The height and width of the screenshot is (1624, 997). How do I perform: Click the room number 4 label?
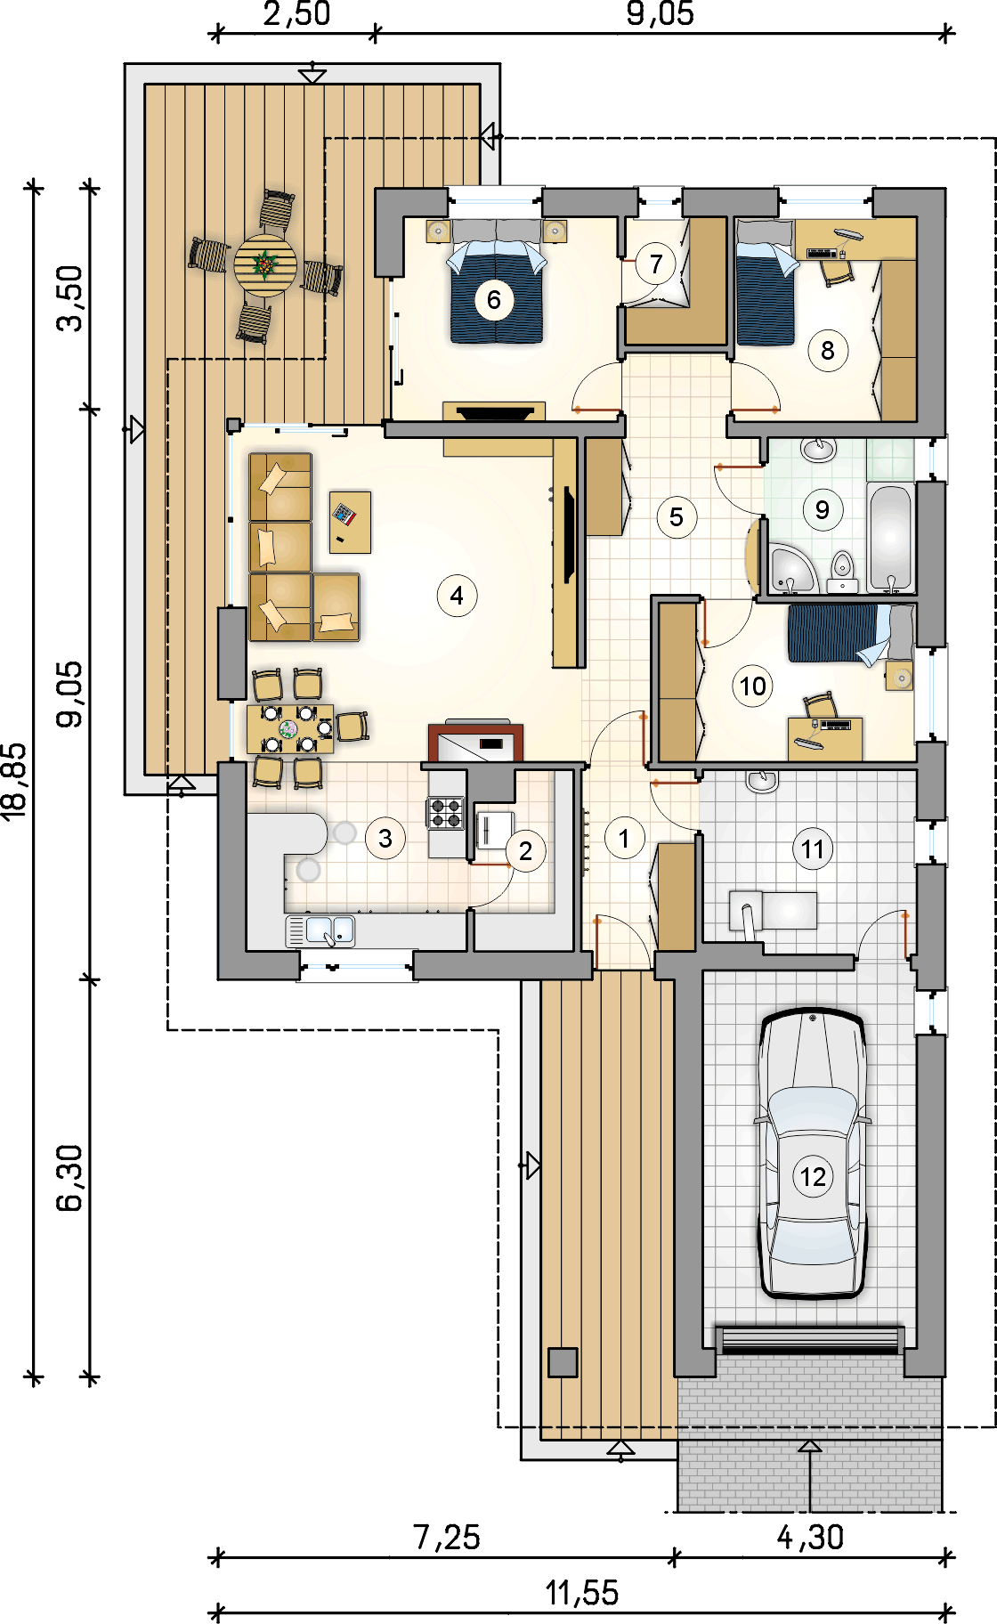point(457,596)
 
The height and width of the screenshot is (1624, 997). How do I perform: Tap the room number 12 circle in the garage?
point(813,1177)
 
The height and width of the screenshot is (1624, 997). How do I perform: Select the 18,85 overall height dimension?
point(15,781)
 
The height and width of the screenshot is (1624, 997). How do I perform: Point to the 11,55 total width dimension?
point(582,1593)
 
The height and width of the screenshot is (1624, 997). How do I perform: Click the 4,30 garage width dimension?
point(810,1538)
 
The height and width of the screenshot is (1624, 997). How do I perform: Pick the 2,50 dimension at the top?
point(296,14)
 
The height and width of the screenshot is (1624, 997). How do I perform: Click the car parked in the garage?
point(812,1153)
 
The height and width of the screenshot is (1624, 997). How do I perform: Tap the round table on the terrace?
point(265,264)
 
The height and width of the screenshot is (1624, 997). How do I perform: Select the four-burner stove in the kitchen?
point(446,813)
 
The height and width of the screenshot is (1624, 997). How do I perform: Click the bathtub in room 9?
point(891,538)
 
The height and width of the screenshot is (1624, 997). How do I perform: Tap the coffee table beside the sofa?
point(350,522)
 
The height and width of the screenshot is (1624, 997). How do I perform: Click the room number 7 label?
point(656,264)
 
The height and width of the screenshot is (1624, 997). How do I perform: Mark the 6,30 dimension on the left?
point(69,1178)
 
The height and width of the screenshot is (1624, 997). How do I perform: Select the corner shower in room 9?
point(791,570)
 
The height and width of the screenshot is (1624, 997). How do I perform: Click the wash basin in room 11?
point(761,781)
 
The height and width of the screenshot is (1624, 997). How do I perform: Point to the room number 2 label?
point(525,851)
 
